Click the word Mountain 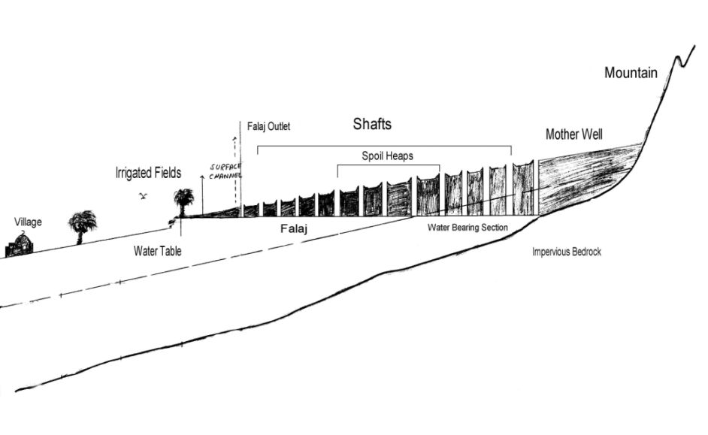(631, 73)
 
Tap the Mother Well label (573, 134)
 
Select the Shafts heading (372, 124)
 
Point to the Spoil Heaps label (386, 156)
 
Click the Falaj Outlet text (268, 126)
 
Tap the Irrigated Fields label (148, 173)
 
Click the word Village (28, 222)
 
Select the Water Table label (157, 250)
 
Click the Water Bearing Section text (467, 227)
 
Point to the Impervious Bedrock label (566, 252)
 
